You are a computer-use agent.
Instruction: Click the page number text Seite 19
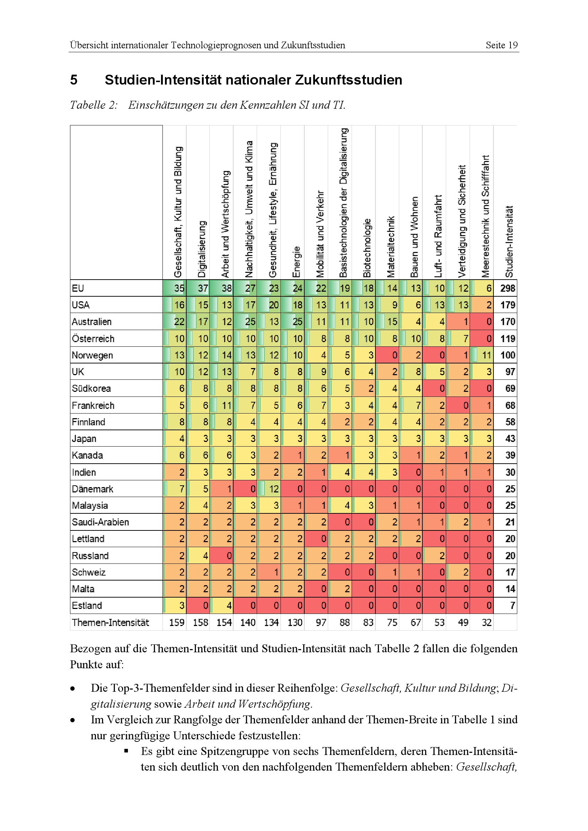502,45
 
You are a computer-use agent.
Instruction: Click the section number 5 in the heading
74,80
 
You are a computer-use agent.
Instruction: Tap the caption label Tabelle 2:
94,105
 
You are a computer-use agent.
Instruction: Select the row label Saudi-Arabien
100,522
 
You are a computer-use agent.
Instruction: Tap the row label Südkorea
91,388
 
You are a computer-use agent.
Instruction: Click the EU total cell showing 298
508,288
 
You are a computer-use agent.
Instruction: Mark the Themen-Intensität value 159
177,622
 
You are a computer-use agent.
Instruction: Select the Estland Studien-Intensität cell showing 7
512,605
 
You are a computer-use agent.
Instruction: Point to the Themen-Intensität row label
111,622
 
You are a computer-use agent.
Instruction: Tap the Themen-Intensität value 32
486,622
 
